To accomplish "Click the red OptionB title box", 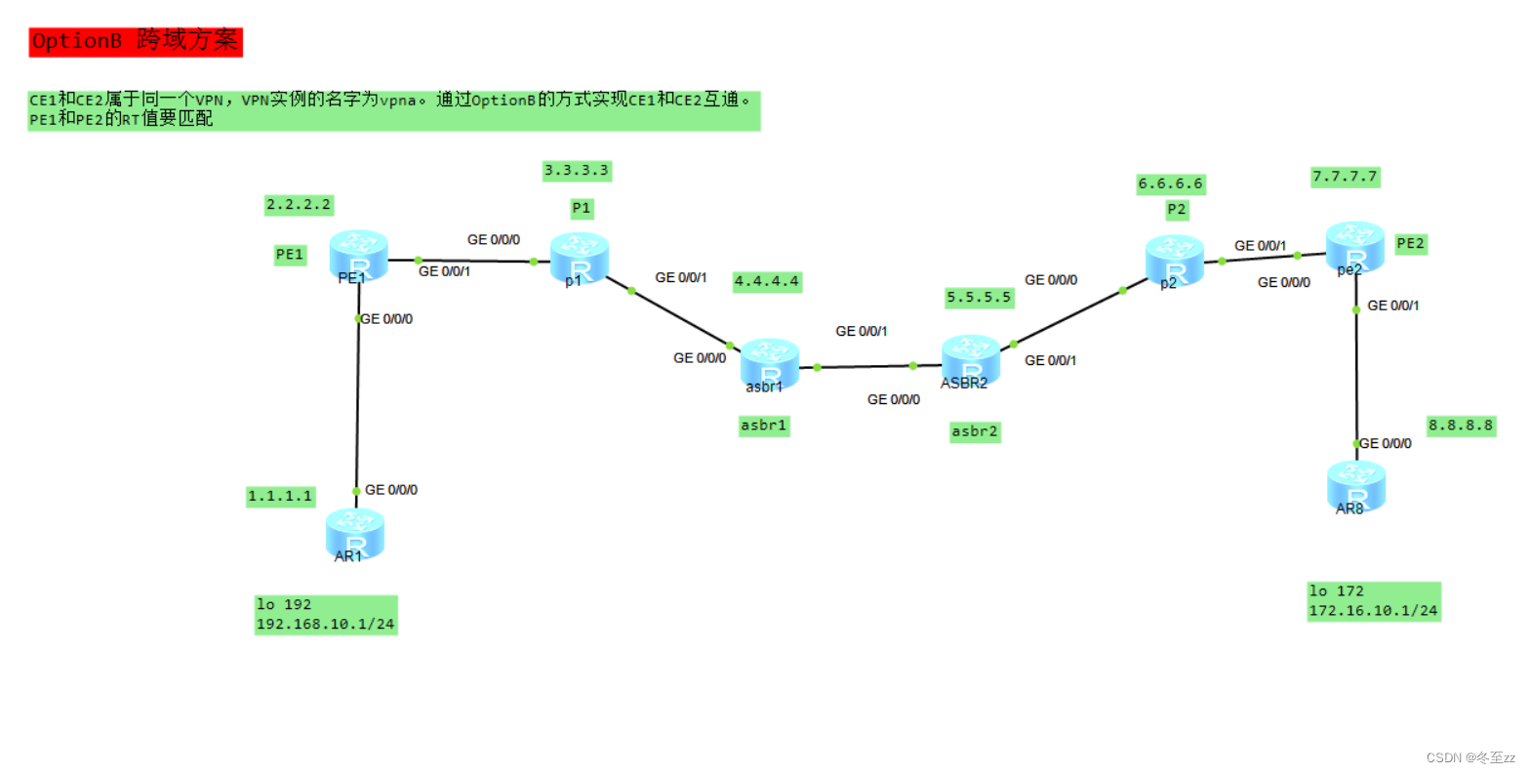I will click(135, 42).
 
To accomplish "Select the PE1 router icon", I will click(358, 254).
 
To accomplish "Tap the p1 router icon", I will click(579, 257).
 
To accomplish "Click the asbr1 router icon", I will click(769, 363).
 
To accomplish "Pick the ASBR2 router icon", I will click(970, 359).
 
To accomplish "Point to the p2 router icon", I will click(1174, 260).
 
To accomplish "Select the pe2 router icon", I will click(1354, 246).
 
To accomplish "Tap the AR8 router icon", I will click(1355, 485).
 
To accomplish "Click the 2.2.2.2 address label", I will click(299, 205).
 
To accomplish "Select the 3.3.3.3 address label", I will click(577, 171).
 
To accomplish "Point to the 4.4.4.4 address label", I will click(767, 281).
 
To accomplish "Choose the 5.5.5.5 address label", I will click(979, 298).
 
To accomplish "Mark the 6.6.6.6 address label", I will click(1170, 183).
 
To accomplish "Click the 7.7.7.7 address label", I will click(1345, 177).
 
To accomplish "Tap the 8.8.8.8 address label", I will click(1461, 426).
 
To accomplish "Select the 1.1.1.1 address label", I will click(280, 496).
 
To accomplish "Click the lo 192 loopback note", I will click(326, 615).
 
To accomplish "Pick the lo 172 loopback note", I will click(1373, 601).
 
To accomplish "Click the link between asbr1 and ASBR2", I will click(865, 367).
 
